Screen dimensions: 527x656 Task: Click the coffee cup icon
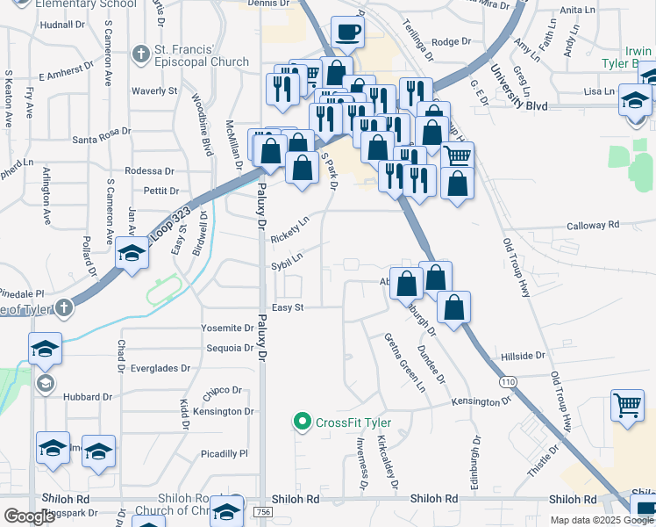coord(348,32)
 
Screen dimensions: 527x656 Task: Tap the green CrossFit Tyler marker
coord(303,422)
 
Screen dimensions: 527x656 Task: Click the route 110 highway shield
coord(508,382)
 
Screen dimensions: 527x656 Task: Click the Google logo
coord(29,516)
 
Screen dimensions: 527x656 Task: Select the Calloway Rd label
coord(593,225)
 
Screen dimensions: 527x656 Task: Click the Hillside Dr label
coord(523,356)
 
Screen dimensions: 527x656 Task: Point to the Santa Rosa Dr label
coord(102,132)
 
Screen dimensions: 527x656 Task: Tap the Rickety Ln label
coord(290,230)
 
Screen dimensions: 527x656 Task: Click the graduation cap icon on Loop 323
coord(132,255)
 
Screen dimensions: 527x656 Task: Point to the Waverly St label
coord(154,90)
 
